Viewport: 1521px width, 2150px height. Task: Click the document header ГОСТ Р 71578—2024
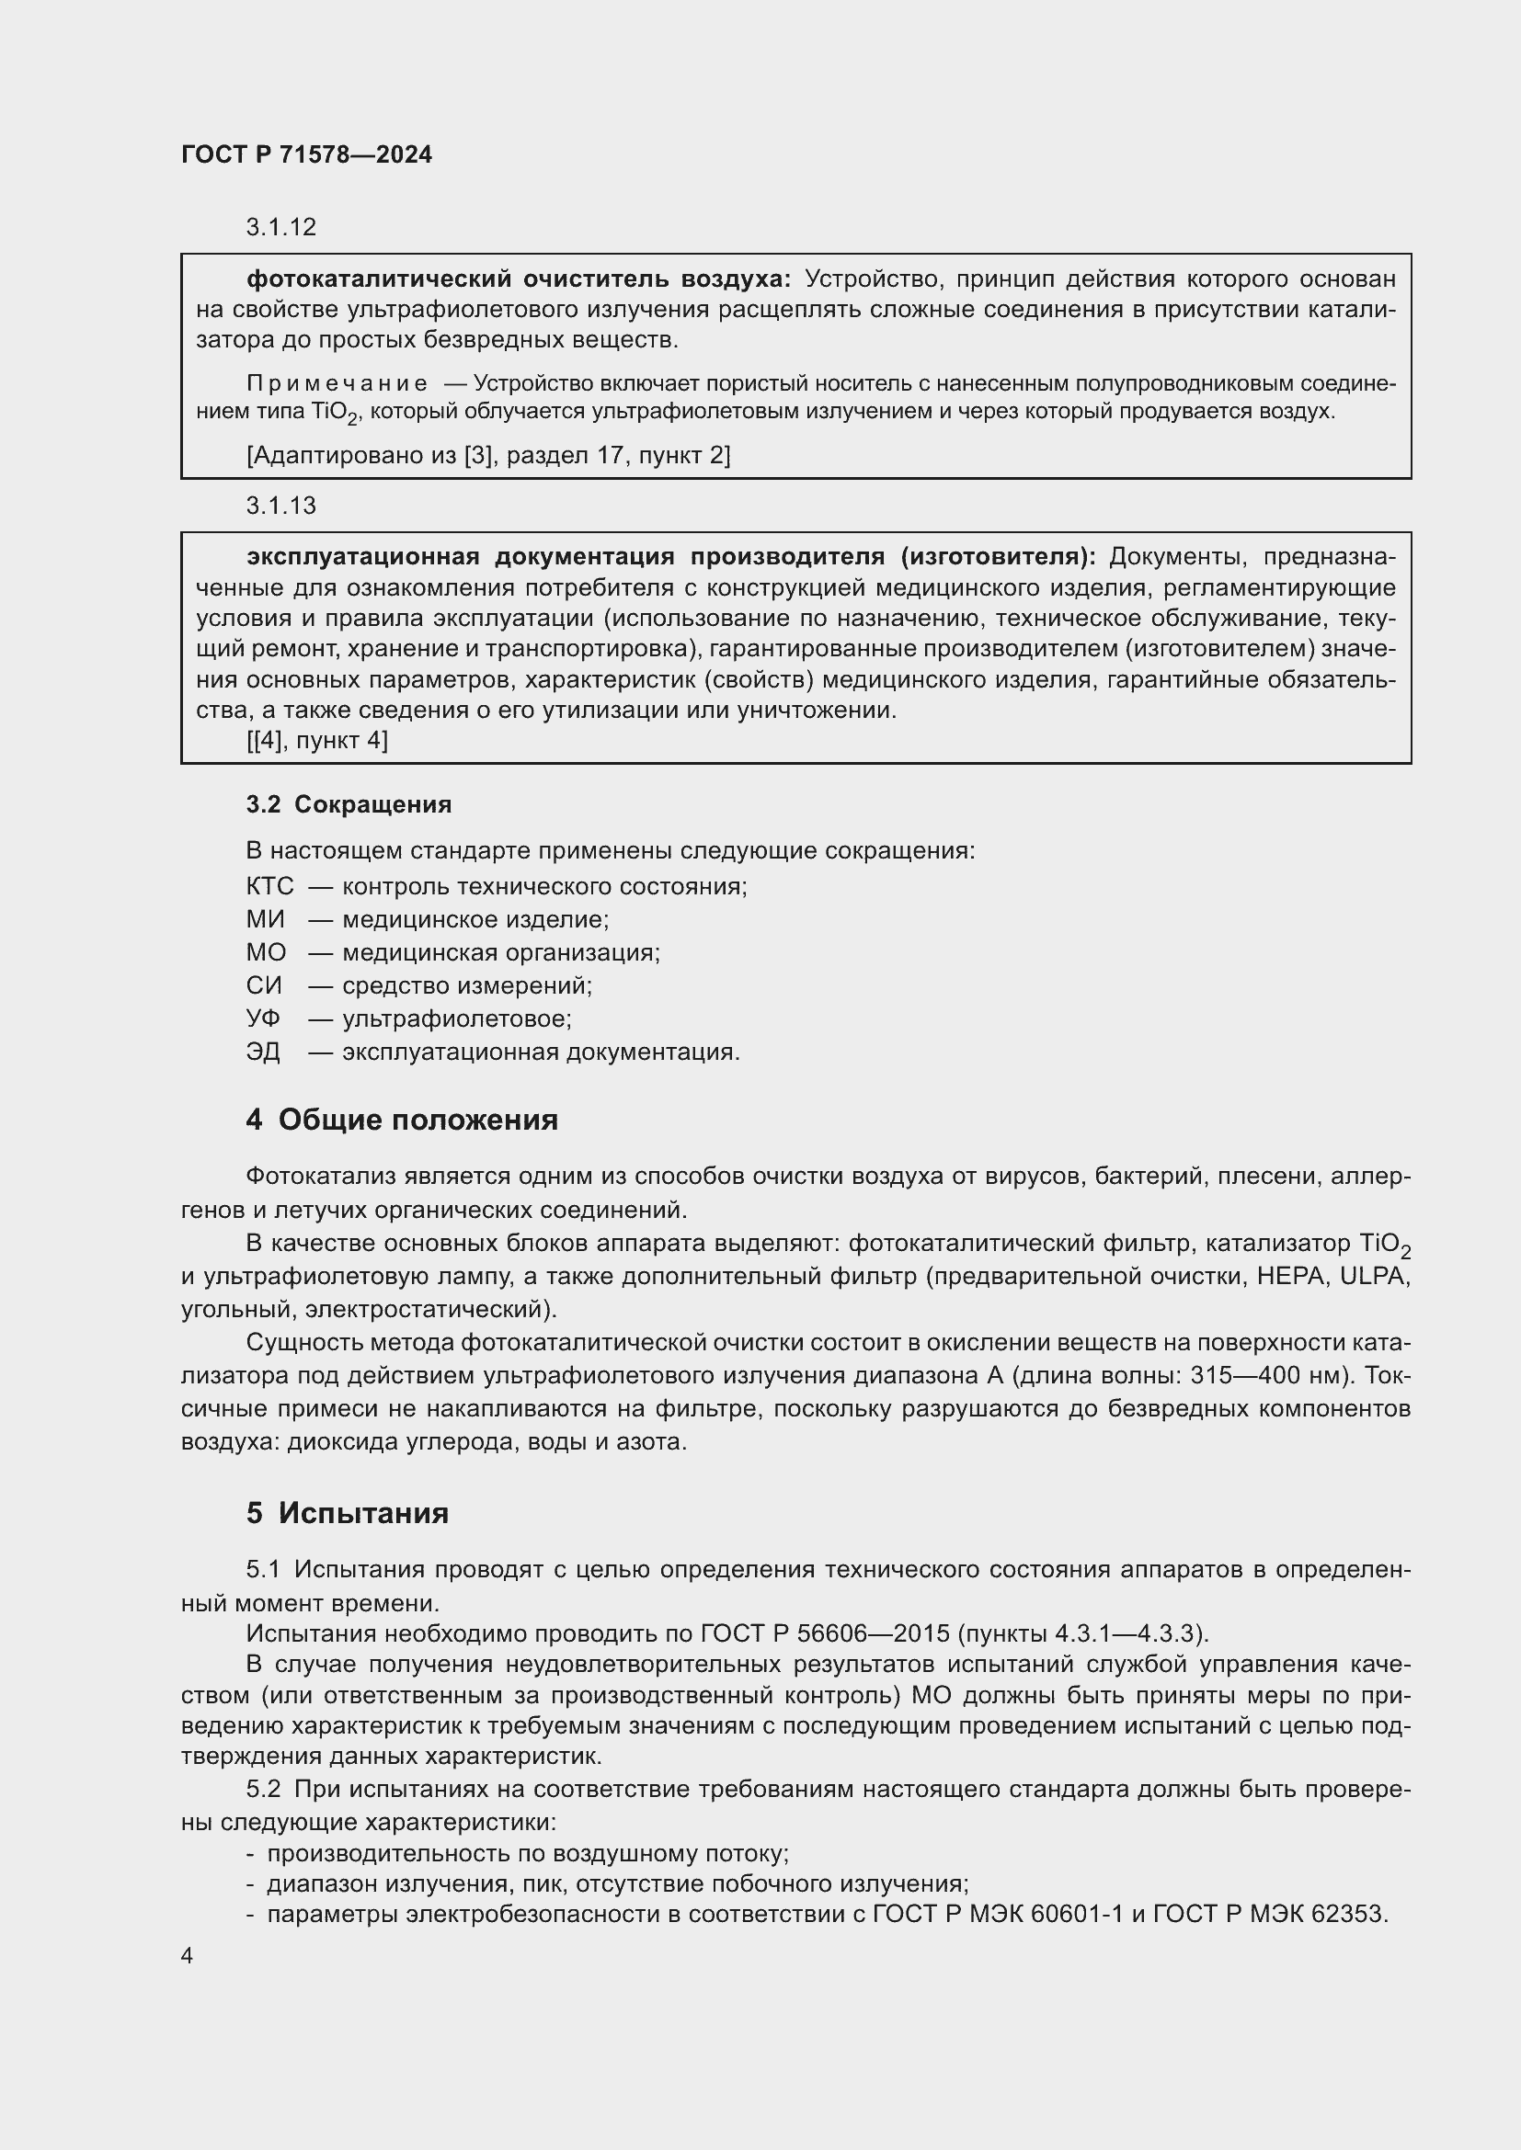coord(306,154)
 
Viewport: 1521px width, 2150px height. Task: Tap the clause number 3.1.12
coord(281,227)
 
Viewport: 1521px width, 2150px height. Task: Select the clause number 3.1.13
coord(281,506)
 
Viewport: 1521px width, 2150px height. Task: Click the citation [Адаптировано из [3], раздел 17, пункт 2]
coord(488,455)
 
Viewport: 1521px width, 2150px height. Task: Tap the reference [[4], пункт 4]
coord(316,741)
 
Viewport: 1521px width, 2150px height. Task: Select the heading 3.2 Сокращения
coord(349,804)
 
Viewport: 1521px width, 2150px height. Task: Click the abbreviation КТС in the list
coord(269,886)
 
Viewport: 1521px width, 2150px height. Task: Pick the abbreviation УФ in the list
coord(263,1018)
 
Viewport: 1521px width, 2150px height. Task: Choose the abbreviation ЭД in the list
coord(263,1052)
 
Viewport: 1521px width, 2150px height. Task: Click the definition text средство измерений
coord(466,985)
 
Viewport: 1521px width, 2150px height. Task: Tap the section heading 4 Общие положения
coord(402,1120)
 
